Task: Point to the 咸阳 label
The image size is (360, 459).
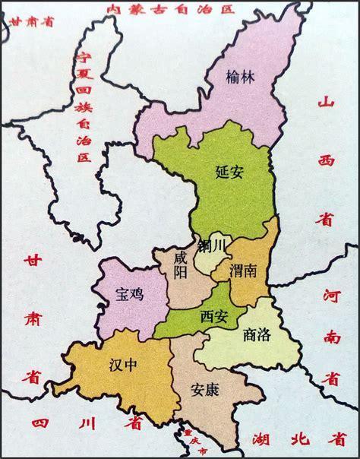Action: click(179, 266)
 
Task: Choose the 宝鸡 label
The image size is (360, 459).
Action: click(127, 293)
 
